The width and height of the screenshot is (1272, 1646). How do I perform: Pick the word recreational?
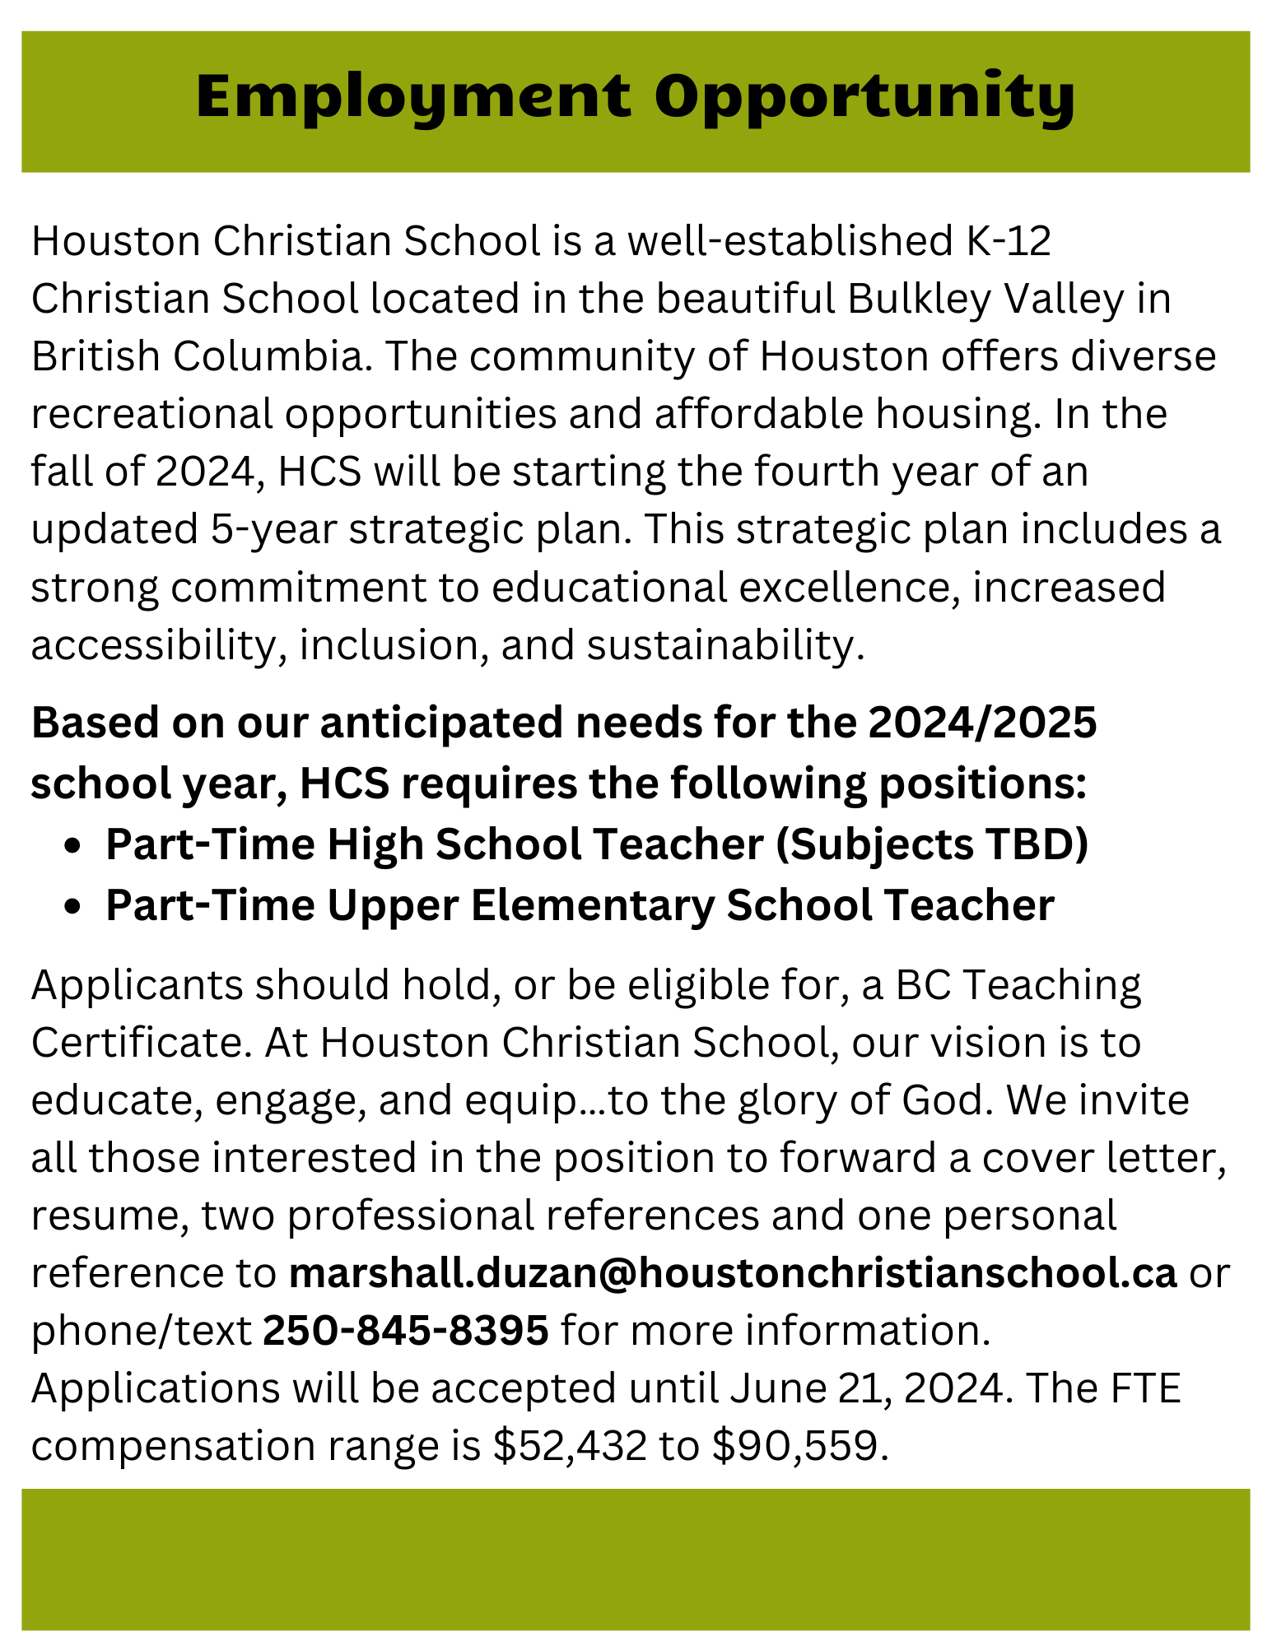151,415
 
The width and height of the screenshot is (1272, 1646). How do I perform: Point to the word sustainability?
725,645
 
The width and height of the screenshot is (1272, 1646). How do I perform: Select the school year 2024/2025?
981,723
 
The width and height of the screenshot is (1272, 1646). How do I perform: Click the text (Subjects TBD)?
932,844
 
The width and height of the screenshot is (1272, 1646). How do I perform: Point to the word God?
946,1100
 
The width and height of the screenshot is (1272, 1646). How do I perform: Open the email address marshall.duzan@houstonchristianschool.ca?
732,1273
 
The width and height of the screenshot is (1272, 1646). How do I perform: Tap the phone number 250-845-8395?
405,1331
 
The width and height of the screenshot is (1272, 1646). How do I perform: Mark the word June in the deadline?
769,1388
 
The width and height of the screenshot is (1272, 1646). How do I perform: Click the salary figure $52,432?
570,1447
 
